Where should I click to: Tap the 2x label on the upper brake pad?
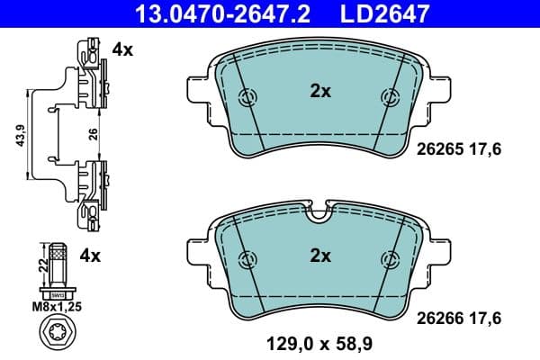tap(320, 91)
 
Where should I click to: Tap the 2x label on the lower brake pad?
tap(320, 256)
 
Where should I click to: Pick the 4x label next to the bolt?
tap(89, 256)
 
